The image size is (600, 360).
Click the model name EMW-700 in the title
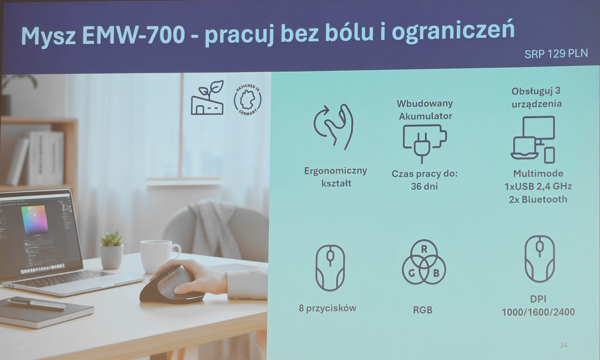pos(133,34)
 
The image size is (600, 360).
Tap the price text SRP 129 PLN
pos(556,54)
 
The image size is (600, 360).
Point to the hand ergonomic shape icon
pos(334,126)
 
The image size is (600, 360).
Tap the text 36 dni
pos(424,186)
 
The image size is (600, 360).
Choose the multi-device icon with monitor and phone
pos(533,139)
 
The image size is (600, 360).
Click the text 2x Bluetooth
pos(538,199)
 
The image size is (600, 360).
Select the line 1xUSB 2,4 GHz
pos(538,186)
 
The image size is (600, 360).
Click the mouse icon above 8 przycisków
pos(330,268)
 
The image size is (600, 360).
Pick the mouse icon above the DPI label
pos(539,259)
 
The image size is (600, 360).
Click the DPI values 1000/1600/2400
pos(538,312)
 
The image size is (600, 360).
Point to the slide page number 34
pos(563,345)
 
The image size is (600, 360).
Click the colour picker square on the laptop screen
pos(35,219)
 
